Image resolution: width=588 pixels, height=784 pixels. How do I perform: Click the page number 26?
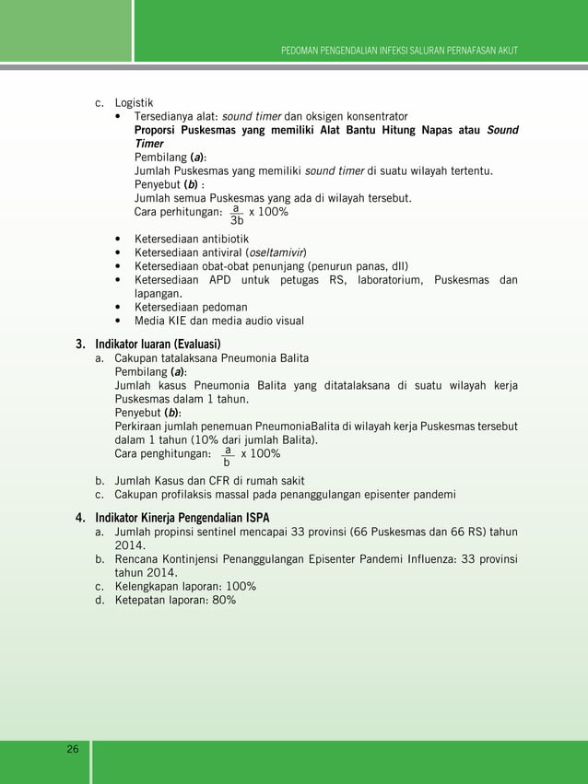72,749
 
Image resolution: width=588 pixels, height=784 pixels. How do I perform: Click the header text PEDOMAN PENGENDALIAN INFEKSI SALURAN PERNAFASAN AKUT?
399,49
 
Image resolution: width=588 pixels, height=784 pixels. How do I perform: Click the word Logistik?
134,101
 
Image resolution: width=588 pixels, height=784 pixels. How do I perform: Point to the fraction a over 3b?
237,214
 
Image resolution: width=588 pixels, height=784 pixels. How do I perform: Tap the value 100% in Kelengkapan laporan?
237,586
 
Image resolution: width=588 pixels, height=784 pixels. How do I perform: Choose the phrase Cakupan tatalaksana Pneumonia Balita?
211,357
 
